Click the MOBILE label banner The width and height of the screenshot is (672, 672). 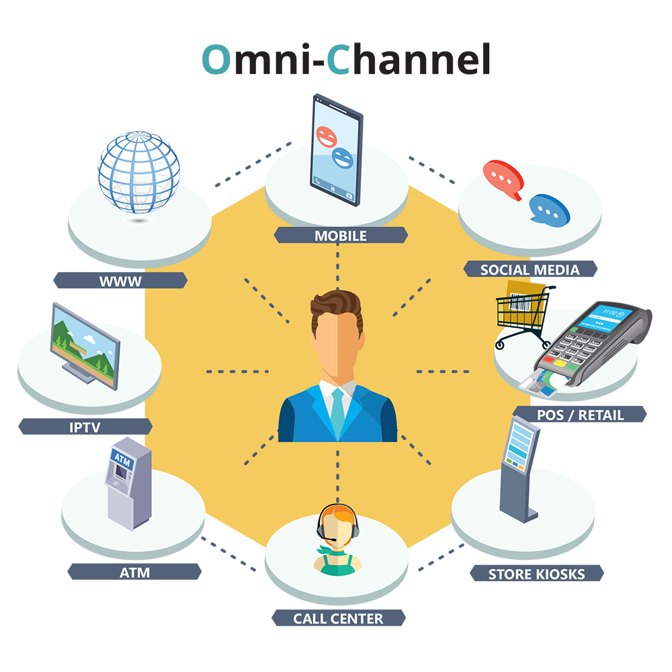(x=341, y=235)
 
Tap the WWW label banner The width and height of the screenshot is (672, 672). (x=120, y=281)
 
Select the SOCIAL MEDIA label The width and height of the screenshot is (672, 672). (x=530, y=269)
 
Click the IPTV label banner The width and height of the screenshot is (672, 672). (x=85, y=426)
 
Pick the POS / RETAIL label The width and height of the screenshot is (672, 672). (x=580, y=414)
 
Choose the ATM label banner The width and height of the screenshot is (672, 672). (x=135, y=573)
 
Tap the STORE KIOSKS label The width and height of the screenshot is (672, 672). (x=536, y=574)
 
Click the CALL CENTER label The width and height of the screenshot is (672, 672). (x=338, y=618)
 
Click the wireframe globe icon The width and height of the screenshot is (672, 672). (x=139, y=171)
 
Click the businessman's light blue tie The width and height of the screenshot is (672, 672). (x=337, y=411)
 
